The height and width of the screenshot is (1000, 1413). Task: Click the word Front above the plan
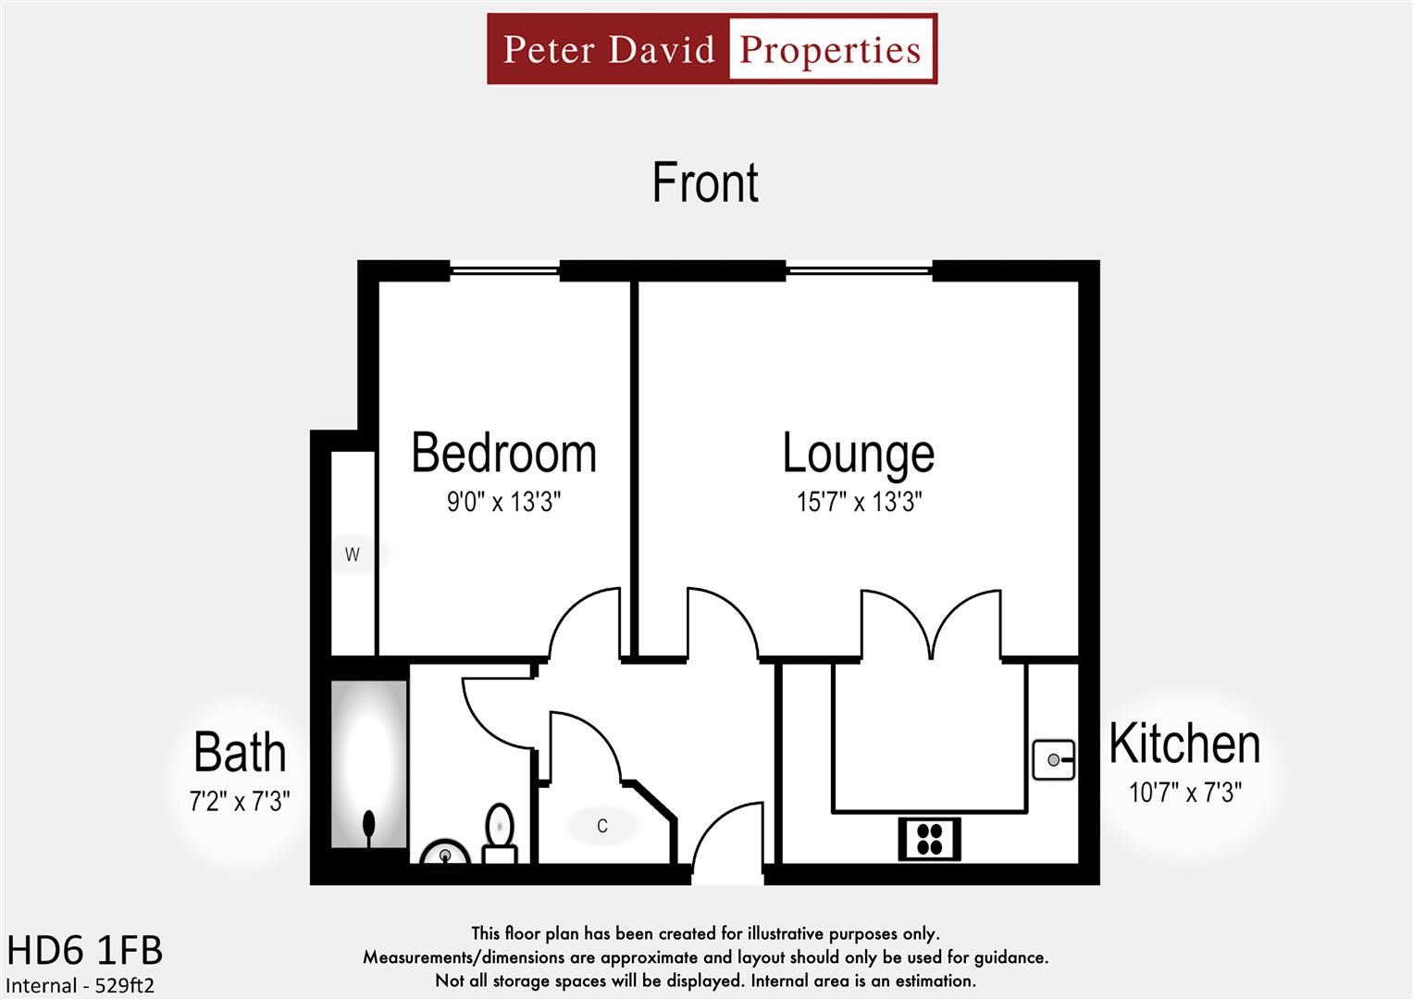point(705,182)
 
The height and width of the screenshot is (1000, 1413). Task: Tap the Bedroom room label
point(503,453)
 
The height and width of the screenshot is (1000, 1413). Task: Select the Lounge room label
point(858,453)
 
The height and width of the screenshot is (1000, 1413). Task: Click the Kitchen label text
point(1184,744)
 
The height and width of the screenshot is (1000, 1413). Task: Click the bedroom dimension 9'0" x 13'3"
point(503,502)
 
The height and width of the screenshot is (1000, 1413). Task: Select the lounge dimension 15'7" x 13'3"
point(859,502)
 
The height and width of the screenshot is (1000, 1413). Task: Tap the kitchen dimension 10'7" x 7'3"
point(1184,793)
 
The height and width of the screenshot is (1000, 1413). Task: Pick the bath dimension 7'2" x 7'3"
point(240,801)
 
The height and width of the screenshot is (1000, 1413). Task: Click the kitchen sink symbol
point(1054,760)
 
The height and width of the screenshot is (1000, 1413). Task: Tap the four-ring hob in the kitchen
point(929,839)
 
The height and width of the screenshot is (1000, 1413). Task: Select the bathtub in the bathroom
point(369,764)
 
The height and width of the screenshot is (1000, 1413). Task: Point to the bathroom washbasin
point(445,854)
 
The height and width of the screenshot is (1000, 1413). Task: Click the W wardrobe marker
point(352,555)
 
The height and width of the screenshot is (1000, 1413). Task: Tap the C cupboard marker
point(602,826)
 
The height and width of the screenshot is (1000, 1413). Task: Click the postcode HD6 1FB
point(84,951)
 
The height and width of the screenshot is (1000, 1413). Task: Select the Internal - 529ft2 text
point(81,985)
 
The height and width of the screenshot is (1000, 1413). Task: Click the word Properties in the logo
point(830,49)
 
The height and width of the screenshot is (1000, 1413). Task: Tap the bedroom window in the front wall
point(505,271)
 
